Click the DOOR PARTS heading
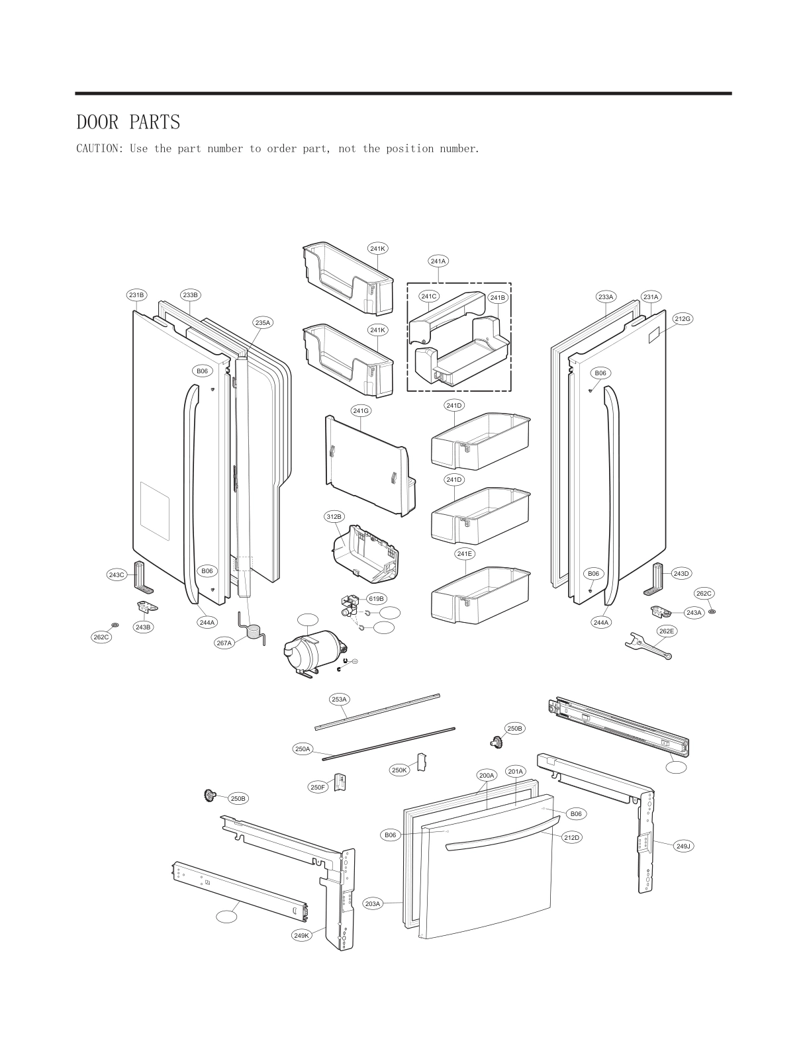128,122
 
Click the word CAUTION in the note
99,149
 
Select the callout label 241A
438,261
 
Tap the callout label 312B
334,516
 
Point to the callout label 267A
225,643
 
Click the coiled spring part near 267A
252,629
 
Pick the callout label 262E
667,631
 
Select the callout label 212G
683,319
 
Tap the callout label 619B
376,599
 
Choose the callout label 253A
339,699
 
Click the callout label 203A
373,903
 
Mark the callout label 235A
263,322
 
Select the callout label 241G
361,411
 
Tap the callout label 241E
465,553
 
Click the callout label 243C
117,575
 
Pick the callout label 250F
318,787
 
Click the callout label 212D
572,837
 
